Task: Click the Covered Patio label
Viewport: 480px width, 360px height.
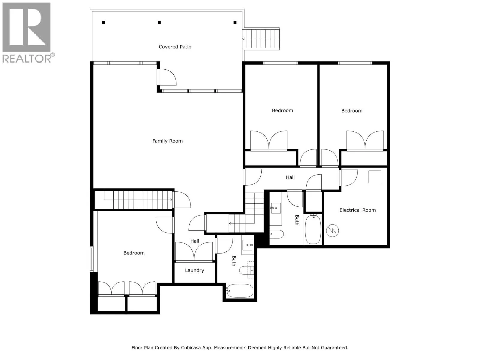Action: click(175, 47)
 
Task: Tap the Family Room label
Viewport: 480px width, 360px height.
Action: click(167, 141)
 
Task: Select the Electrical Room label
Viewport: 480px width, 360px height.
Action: click(358, 210)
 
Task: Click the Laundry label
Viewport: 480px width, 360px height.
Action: click(194, 270)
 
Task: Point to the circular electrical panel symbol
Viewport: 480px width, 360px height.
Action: click(332, 230)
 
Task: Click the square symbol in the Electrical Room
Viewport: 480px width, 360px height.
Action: click(375, 177)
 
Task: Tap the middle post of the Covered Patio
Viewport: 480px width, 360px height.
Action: click(159, 22)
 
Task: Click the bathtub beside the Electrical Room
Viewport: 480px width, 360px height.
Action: click(313, 229)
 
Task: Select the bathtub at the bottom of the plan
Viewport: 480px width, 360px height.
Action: click(239, 291)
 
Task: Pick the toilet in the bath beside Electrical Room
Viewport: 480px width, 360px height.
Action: click(276, 234)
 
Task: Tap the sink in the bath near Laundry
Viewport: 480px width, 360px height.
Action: click(247, 245)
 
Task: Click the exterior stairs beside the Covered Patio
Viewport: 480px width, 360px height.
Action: click(261, 39)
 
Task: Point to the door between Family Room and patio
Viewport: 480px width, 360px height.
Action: click(166, 77)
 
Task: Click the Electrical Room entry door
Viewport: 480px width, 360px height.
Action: click(349, 178)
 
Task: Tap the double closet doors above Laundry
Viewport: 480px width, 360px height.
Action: click(194, 251)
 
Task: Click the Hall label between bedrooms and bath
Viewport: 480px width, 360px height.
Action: click(290, 177)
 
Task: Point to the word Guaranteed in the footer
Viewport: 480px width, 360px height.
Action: click(334, 348)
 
